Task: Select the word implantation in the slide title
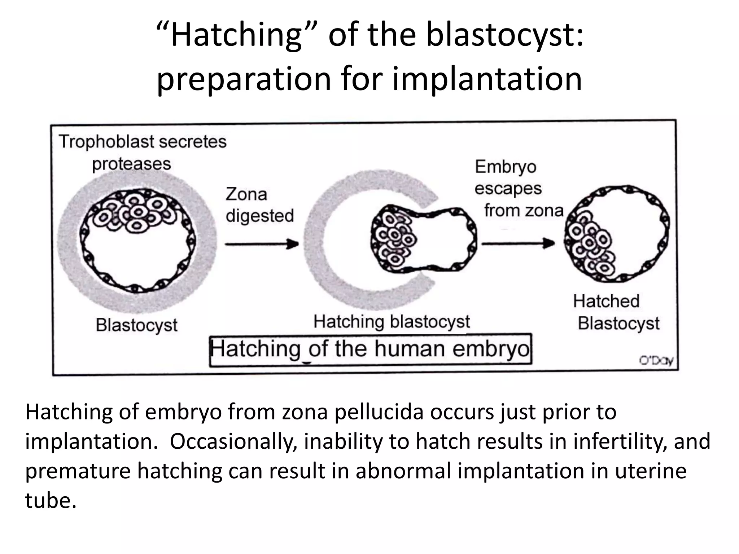pos(487,79)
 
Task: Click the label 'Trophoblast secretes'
pos(143,141)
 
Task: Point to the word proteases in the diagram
pos(131,164)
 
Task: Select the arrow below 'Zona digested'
pos(262,244)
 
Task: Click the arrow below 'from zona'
pos(518,243)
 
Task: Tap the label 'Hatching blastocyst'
pos(392,322)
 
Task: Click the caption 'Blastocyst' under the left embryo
pos(137,325)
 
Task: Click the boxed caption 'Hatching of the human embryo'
pos(370,349)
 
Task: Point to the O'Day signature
pos(656,361)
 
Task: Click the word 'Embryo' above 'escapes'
pos(505,167)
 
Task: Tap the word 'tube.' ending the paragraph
pos(51,501)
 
